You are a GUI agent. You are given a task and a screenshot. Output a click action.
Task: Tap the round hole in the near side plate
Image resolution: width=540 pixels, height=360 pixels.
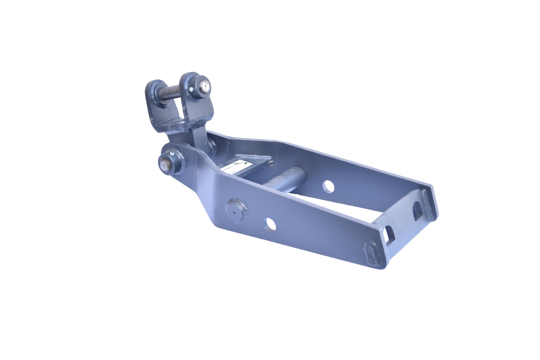tap(271, 223)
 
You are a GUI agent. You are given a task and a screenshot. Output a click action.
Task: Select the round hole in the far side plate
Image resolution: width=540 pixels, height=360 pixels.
tap(328, 187)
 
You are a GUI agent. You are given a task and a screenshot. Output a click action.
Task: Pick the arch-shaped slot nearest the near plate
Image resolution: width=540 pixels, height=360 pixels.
tap(389, 236)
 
